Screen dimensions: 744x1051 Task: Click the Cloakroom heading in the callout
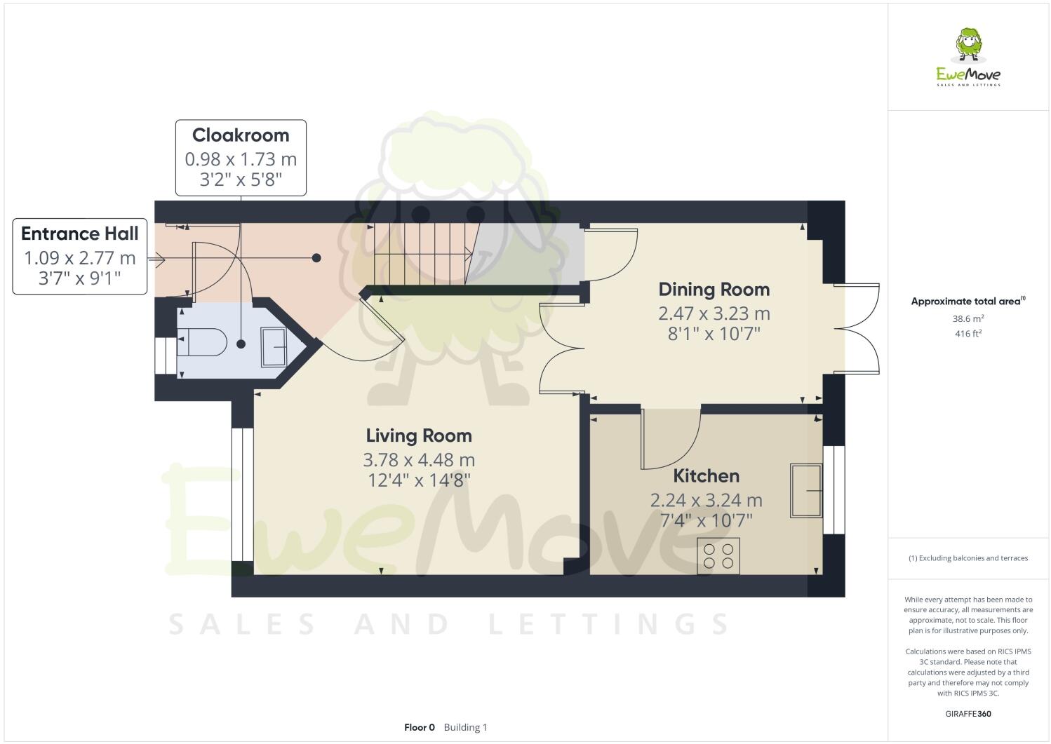pos(241,135)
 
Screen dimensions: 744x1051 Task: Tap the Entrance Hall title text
pos(80,234)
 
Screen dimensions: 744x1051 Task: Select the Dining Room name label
pos(714,289)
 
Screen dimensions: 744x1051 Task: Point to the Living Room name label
pos(419,435)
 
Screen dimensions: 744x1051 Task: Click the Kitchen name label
pos(706,475)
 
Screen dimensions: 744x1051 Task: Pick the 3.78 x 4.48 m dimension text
pos(419,460)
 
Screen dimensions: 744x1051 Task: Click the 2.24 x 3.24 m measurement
pos(706,500)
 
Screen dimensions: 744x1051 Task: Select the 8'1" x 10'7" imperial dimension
pos(714,334)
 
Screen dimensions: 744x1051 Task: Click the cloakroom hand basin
pos(274,346)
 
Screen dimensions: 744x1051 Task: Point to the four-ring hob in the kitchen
pos(718,556)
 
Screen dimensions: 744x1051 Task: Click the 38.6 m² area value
pos(968,318)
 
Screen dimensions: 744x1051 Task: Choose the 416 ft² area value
pos(968,334)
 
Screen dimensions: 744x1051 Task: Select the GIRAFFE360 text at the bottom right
pos(968,715)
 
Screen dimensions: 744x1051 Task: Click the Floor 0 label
pos(420,727)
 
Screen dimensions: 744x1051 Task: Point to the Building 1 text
pos(465,727)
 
